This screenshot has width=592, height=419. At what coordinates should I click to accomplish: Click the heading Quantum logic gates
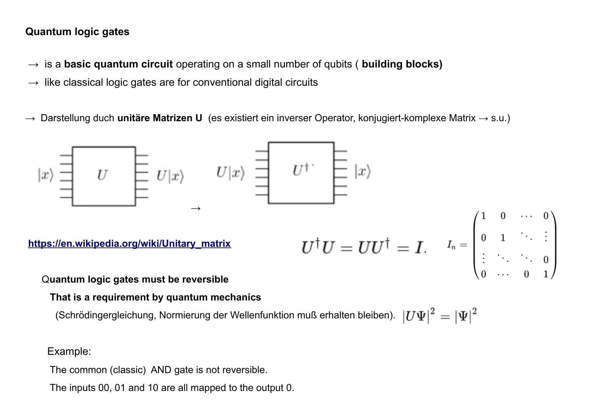(x=77, y=32)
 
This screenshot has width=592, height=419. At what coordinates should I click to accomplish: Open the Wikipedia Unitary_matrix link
(x=129, y=243)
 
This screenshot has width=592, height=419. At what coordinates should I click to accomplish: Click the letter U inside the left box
(x=102, y=175)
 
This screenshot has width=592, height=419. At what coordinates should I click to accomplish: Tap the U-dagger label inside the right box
(x=301, y=169)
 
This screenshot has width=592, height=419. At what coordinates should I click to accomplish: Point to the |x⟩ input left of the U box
(x=46, y=175)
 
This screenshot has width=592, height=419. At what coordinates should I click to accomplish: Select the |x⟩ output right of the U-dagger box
(x=362, y=171)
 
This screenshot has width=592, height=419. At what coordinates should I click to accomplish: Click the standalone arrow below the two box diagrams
(x=196, y=208)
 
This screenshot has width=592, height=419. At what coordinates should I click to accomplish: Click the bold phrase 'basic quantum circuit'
(x=118, y=64)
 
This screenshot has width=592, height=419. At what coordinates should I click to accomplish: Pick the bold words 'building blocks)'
(x=402, y=64)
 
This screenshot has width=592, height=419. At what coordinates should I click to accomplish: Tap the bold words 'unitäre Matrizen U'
(x=160, y=118)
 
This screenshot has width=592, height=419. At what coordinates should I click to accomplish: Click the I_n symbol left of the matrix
(x=451, y=244)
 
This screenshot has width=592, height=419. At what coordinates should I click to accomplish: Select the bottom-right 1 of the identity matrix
(x=546, y=274)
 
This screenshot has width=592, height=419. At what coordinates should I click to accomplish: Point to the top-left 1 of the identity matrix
(x=483, y=216)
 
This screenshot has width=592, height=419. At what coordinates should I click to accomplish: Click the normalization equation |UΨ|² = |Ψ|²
(x=439, y=316)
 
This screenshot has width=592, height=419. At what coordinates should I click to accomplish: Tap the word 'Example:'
(x=69, y=351)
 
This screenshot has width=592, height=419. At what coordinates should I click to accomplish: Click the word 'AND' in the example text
(x=161, y=370)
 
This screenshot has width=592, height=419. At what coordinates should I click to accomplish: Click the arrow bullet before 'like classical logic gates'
(x=33, y=83)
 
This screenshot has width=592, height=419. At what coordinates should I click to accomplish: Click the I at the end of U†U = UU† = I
(x=419, y=247)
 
